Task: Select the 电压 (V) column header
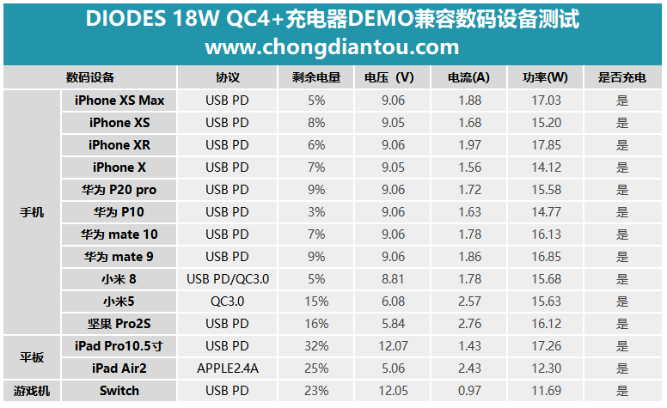tap(389, 77)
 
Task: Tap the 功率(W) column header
tap(545, 77)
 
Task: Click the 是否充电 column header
tap(621, 77)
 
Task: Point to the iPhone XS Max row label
tap(119, 100)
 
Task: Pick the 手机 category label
tap(32, 211)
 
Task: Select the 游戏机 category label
tap(32, 391)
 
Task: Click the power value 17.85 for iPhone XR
tap(546, 145)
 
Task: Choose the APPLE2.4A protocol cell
tap(228, 368)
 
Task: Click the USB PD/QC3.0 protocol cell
tap(228, 279)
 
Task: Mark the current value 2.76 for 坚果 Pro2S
tap(468, 324)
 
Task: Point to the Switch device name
tap(119, 391)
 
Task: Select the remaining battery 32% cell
tap(316, 346)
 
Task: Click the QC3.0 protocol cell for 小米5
tap(228, 301)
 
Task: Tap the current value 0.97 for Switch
tap(468, 391)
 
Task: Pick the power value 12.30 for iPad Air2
tap(546, 368)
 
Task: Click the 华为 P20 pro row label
tap(119, 190)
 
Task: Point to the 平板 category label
tap(32, 357)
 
